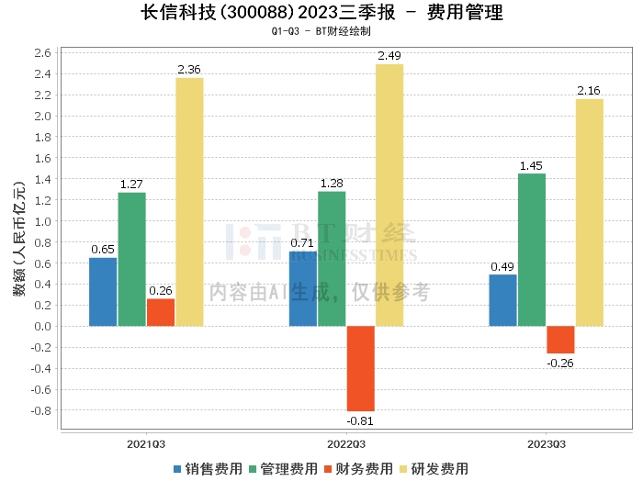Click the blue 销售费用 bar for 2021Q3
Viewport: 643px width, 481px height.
pos(103,291)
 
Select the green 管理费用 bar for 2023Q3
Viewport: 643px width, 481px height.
pos(531,250)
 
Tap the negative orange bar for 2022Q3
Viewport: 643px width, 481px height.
pos(360,368)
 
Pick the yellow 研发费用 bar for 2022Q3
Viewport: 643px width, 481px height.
pos(389,195)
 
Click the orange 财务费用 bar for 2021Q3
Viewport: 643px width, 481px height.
pos(160,312)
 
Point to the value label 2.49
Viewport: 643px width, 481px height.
pos(389,57)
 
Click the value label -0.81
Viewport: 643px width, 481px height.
pos(360,420)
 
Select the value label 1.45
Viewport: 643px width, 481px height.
pos(531,166)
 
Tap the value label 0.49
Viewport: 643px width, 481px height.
pos(502,267)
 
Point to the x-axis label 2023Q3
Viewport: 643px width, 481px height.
pos(546,444)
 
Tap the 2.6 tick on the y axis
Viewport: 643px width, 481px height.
pos(40,52)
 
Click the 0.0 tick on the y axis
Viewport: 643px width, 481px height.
pos(40,326)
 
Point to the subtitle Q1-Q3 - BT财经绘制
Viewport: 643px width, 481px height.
pos(321,31)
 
